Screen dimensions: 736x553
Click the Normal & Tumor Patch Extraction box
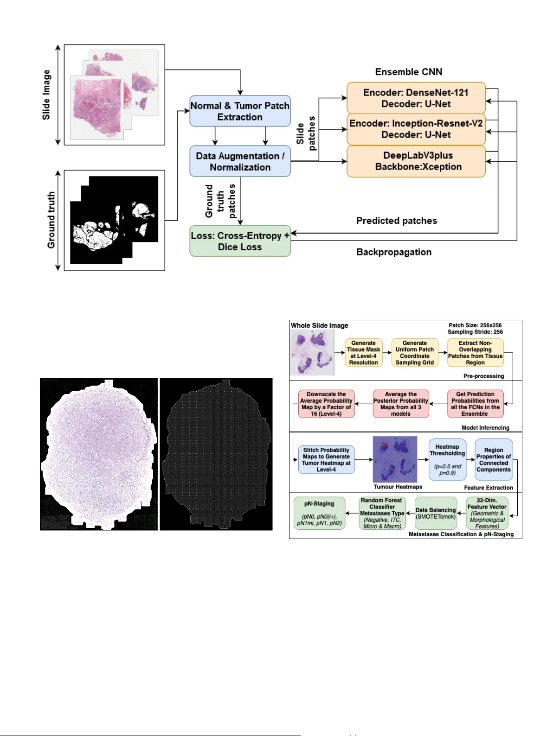(240, 111)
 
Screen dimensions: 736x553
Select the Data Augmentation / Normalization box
(240, 161)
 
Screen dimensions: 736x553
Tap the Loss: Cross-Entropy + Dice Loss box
(240, 241)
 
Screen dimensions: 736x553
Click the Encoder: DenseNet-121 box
(416, 98)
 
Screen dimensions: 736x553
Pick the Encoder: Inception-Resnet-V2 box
(416, 129)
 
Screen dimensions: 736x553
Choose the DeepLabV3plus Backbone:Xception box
(416, 161)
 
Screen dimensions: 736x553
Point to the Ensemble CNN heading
(408, 72)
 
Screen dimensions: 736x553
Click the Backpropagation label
(393, 252)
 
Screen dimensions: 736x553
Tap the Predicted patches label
(396, 221)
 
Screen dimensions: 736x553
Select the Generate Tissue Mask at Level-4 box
(363, 353)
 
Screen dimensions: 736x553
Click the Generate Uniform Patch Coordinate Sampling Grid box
(414, 353)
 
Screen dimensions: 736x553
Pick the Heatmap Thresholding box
(447, 459)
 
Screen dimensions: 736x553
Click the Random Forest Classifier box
(382, 513)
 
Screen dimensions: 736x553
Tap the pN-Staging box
(319, 513)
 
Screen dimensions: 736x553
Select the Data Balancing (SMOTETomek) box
(436, 513)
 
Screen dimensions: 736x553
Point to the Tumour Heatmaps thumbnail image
(395, 459)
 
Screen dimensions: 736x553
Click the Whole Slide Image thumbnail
(312, 353)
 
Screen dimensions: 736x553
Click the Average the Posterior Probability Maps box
(400, 404)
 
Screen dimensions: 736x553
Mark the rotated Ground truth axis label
(51, 220)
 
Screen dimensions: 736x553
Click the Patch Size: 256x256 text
(475, 325)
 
